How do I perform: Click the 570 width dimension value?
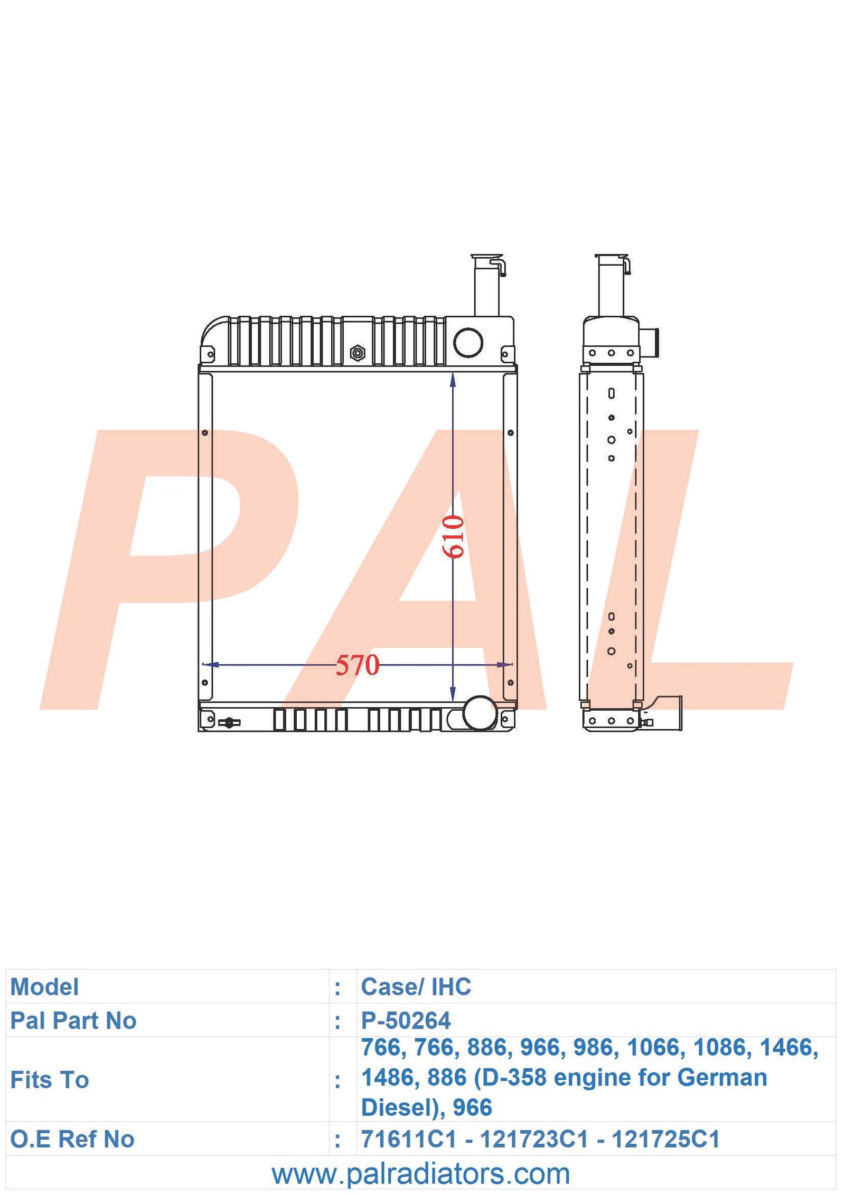(358, 665)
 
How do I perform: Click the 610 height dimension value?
(453, 537)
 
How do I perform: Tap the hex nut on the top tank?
(357, 352)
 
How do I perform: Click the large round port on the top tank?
(468, 342)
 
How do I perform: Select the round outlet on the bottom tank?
(480, 712)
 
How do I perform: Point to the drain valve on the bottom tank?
(229, 722)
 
